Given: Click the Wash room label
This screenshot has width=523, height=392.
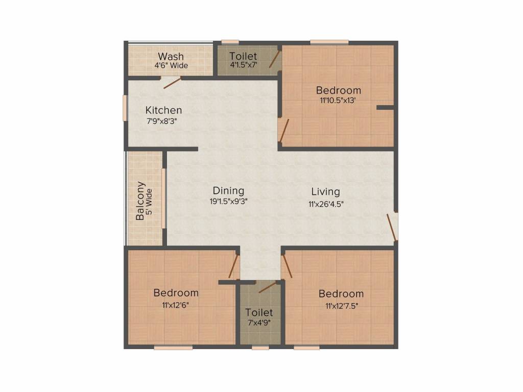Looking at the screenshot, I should coord(171,56).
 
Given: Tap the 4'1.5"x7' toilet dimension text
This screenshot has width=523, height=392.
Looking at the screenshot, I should coord(243,65).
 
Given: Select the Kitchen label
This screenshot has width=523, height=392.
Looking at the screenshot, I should coord(163,110).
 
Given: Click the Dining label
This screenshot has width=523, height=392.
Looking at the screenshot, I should coord(228,191).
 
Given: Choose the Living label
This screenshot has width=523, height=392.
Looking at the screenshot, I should coord(325,191).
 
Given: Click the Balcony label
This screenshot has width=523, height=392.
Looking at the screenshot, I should coord(140,201).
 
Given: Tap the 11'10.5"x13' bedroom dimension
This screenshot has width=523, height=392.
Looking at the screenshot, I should coord(338,101).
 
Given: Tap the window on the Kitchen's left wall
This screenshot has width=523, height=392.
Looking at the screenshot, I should coord(125,108).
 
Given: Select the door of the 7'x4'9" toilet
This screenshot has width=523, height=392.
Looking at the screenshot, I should coord(267,287).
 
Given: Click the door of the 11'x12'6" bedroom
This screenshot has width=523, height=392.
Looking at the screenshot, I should coord(234,266).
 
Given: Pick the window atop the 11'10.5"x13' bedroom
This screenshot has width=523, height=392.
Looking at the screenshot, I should coord(329,42).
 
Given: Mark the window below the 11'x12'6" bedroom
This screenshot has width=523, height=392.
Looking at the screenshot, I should coord(173,348).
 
